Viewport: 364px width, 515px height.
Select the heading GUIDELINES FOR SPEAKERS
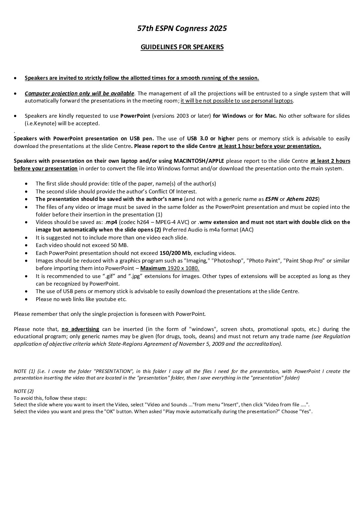coord(182,47)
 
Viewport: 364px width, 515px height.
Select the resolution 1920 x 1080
coord(183,268)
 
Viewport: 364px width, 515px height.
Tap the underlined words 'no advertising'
coord(80,329)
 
